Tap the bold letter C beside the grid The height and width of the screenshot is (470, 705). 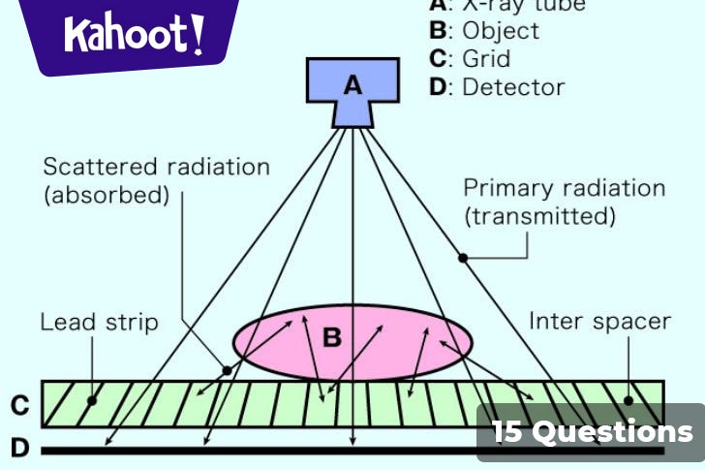pos(19,404)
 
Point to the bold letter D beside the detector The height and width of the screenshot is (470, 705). pos(19,448)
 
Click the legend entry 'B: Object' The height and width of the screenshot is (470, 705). pos(484,30)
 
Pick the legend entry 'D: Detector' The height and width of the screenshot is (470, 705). pos(496,87)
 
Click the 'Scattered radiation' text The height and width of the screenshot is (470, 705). pos(156,167)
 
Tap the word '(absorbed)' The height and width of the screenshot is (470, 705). pos(107,196)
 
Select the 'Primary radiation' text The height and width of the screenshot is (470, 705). pos(564,188)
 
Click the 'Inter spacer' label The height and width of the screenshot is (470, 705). pos(599,321)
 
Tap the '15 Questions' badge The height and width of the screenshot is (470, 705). pos(592,432)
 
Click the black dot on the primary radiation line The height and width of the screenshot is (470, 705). pos(463,258)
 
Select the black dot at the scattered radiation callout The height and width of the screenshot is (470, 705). pos(227,370)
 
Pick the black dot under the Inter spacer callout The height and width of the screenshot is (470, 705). pos(628,399)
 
